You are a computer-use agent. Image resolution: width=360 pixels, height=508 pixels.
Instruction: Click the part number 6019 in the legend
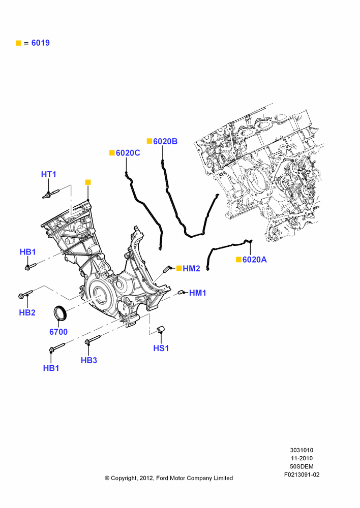point(41,43)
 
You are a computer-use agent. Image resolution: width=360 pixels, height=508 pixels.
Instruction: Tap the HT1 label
point(49,174)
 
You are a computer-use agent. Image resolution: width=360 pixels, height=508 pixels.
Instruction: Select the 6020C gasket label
point(128,153)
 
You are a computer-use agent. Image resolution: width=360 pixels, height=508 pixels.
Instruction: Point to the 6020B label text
point(165,141)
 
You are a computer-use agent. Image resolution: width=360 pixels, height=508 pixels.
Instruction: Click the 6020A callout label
point(255,260)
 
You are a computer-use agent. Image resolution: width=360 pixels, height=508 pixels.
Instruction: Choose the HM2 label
point(191,268)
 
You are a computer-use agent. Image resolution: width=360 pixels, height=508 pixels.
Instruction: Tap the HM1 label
point(197,293)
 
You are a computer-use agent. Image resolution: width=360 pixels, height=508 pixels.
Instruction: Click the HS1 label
point(161,348)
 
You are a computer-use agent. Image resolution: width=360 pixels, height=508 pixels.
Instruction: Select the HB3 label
point(89,360)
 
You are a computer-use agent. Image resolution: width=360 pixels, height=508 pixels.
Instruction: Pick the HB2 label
point(27,312)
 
